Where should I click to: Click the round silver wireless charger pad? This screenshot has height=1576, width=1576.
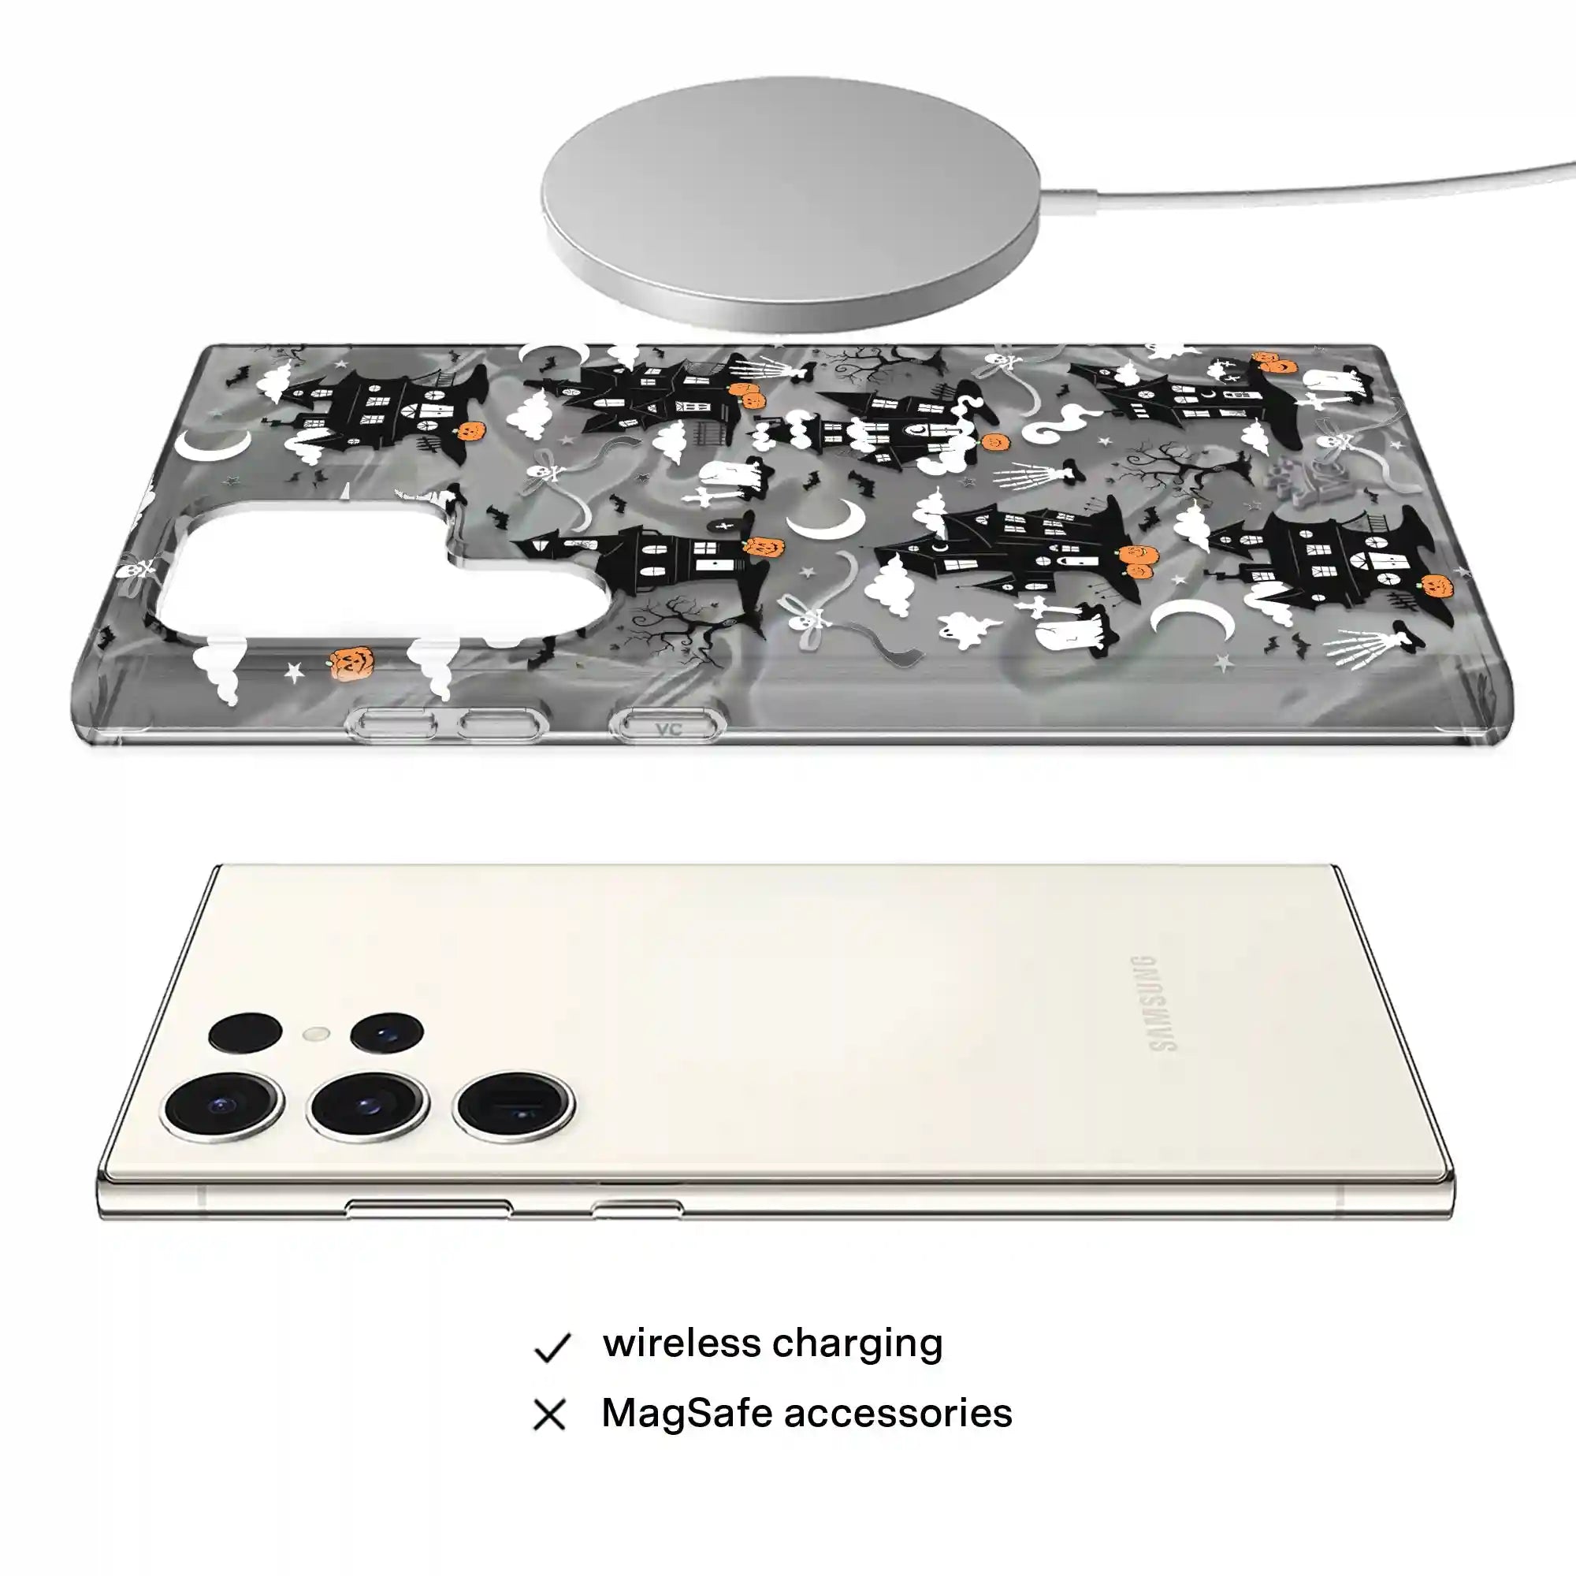coord(790,204)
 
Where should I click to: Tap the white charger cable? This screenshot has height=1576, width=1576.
coord(1305,181)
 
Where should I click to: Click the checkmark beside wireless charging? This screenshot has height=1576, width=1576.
coord(552,1348)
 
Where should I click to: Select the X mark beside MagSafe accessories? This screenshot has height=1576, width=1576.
coord(550,1415)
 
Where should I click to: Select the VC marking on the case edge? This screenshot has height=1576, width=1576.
coord(668,728)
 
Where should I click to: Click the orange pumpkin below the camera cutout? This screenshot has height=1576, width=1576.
coord(351,663)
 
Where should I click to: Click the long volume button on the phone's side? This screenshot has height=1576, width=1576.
coord(428,1206)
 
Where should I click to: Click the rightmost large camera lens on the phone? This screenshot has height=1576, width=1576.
coord(513,1106)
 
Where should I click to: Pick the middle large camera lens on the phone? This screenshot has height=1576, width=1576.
coord(367,1106)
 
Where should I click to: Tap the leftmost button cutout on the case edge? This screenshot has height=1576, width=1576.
coord(392,723)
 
